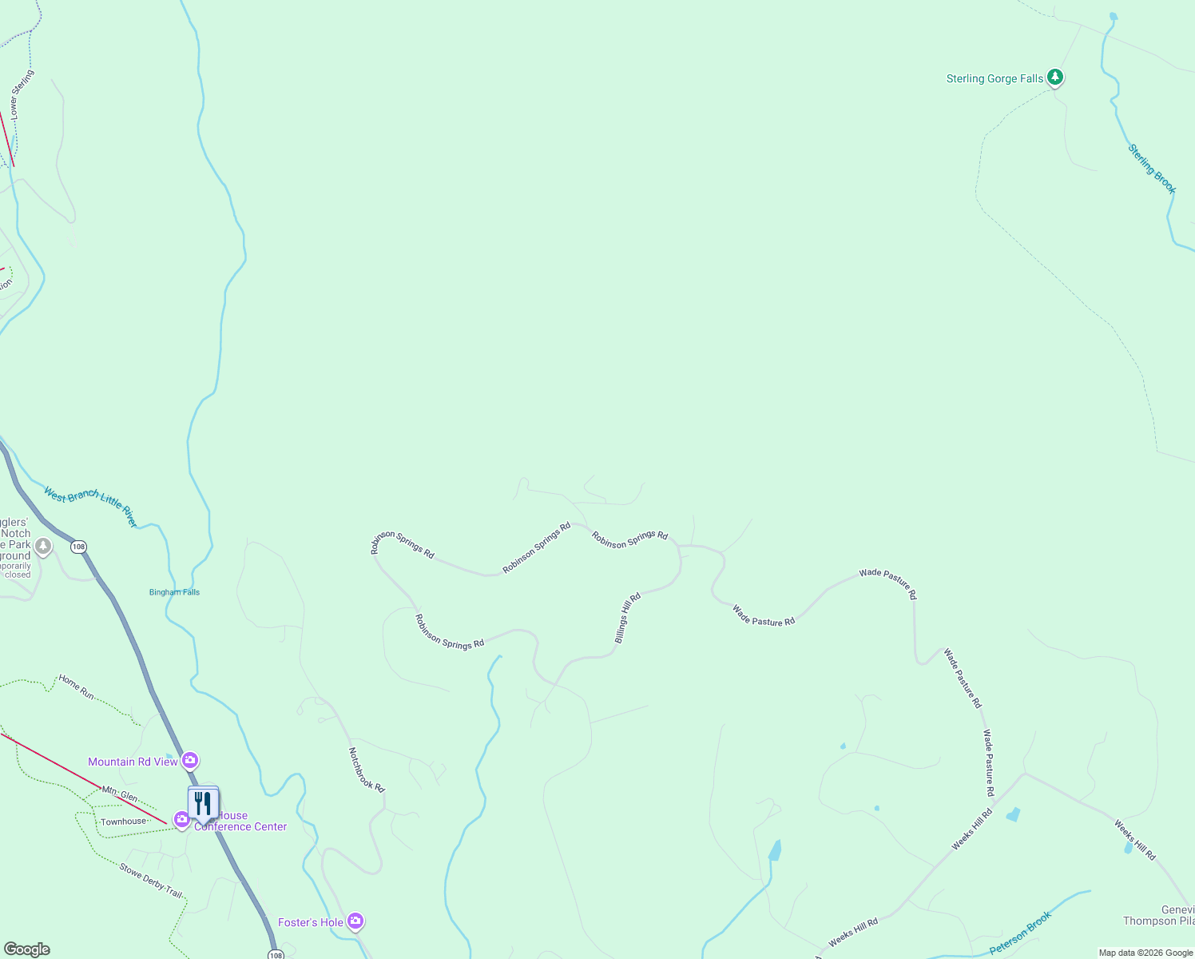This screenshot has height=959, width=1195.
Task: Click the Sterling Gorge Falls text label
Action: [x=995, y=78]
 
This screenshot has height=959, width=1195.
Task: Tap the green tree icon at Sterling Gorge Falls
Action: [x=1055, y=77]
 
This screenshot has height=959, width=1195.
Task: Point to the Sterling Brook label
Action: [x=1152, y=169]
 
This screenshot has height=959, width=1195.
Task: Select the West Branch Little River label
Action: [x=91, y=507]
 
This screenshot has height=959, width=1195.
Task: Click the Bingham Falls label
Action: [x=174, y=592]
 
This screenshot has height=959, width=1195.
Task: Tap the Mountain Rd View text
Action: [x=133, y=762]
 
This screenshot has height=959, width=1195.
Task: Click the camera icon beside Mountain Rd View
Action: [x=190, y=759]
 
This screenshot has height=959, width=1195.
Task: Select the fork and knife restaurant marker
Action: [x=203, y=802]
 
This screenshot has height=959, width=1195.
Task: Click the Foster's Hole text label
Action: [x=310, y=922]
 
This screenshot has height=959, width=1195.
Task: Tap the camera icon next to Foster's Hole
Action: [x=356, y=921]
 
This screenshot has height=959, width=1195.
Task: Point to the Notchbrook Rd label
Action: [x=367, y=770]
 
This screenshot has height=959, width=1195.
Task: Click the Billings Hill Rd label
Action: [x=628, y=618]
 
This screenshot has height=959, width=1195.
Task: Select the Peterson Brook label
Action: [x=1020, y=933]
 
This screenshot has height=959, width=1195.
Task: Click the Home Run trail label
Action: [x=77, y=687]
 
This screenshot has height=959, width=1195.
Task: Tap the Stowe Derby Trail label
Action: [x=150, y=880]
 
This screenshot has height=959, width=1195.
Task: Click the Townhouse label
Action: [x=123, y=822]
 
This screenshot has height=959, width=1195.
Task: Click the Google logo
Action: [x=26, y=949]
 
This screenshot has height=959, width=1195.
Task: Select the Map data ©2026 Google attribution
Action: [x=1145, y=953]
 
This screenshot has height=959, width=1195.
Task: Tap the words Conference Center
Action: [x=240, y=827]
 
